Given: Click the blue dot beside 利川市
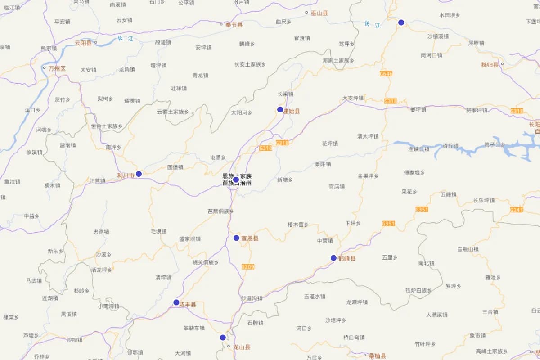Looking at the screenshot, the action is (x=139, y=174).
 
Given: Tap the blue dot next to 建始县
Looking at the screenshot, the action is (x=280, y=110).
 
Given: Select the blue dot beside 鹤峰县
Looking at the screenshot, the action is (x=333, y=258).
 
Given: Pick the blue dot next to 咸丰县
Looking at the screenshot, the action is (x=176, y=302).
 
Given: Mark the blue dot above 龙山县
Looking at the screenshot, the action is (x=223, y=337).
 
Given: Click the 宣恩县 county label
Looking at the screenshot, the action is (x=250, y=238).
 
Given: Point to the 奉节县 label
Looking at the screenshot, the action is (x=234, y=25).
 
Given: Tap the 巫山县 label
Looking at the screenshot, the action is (x=319, y=13).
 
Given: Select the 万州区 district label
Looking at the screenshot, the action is (x=57, y=69).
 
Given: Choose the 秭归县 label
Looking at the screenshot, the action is (x=490, y=65).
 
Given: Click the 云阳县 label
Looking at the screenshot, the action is (x=83, y=43).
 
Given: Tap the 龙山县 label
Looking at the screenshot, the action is (x=242, y=347).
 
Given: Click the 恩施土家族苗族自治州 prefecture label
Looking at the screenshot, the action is (x=237, y=180).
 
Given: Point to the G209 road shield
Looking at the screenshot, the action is (x=248, y=267).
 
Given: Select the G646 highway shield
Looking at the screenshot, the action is (x=386, y=73).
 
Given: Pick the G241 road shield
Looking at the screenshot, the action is (x=516, y=210).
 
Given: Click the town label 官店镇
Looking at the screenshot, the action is (x=337, y=187).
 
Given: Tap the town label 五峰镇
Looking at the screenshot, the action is (x=449, y=194).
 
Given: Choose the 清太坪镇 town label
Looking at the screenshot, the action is (x=368, y=136).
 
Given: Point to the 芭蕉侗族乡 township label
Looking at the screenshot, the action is (x=220, y=211).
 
